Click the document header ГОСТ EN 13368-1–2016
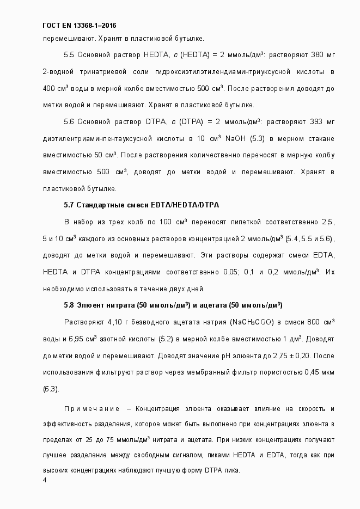tap(79, 26)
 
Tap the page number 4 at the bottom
tap(45, 480)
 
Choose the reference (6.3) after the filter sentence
tap(51, 389)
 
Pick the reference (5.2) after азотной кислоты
tap(165, 339)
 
